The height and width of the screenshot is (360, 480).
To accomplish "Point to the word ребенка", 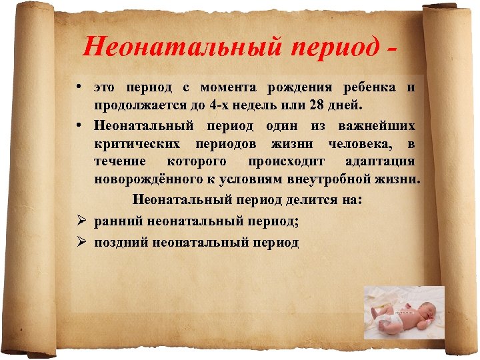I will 368,88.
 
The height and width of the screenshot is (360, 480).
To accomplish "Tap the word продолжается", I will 135,107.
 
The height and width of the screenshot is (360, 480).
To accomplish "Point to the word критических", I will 137,143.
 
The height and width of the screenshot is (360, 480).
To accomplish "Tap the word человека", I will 361,143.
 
